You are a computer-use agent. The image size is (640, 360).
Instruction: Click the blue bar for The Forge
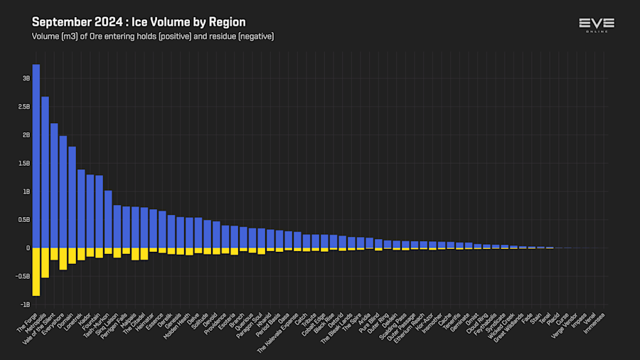pos(36,157)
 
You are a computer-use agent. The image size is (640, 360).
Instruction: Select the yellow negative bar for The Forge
pos(36,272)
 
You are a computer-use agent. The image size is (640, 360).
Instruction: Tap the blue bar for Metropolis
pos(45,172)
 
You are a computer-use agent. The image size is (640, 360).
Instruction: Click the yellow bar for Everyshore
pos(63,259)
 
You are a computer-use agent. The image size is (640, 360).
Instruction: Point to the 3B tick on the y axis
pos(26,78)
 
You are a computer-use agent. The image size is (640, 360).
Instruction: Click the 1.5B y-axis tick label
pos(24,163)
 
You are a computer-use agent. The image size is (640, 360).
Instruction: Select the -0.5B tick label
pos(23,276)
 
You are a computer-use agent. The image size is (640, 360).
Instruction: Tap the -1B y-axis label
pos(25,305)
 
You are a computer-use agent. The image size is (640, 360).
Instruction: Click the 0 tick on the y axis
pos(28,248)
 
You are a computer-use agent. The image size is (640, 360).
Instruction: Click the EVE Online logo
pos(597,26)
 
